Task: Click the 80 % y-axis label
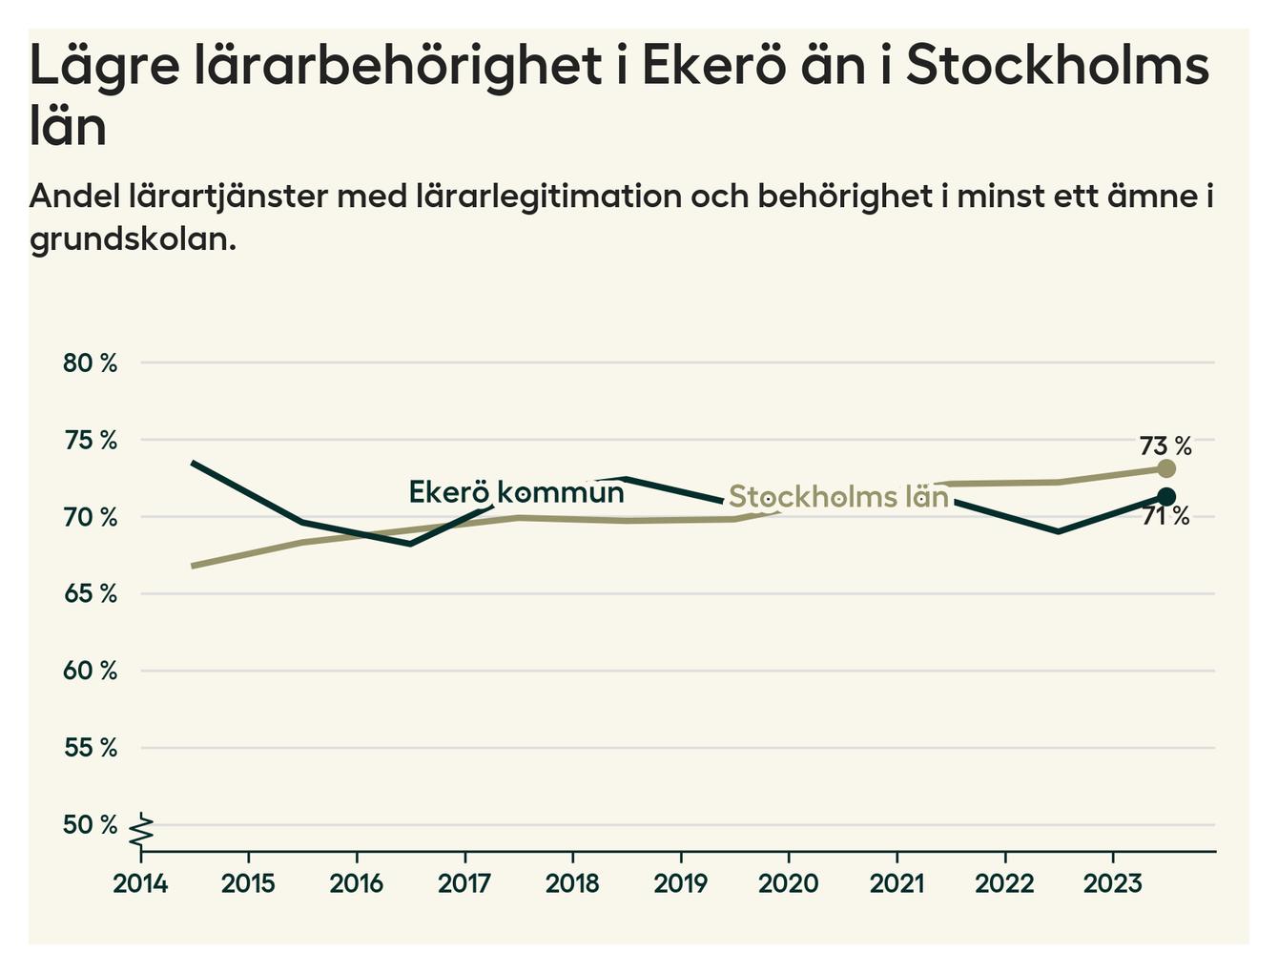tap(90, 363)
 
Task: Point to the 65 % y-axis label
tap(90, 594)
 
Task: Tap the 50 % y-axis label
tap(90, 825)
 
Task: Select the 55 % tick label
tap(90, 748)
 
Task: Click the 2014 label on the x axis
tap(140, 883)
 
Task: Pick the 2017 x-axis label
tap(464, 883)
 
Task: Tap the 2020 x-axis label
tap(789, 883)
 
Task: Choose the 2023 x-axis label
tap(1113, 883)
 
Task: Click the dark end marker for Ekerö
tap(1165, 496)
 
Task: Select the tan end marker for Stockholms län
tap(1165, 468)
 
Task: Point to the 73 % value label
tap(1165, 445)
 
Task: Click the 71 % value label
tap(1165, 517)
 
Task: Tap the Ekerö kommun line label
tap(516, 492)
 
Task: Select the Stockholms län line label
tap(838, 497)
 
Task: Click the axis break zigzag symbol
tap(142, 830)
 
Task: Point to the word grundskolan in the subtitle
tap(132, 238)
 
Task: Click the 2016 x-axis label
tap(357, 883)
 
